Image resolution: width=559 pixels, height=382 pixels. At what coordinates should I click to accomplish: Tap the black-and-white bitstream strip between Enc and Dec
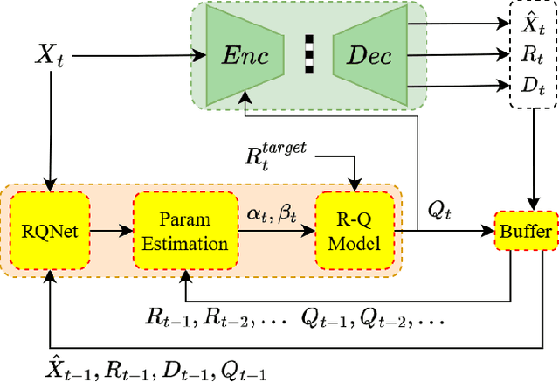(x=308, y=56)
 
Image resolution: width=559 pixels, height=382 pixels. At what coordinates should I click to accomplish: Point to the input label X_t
(x=49, y=56)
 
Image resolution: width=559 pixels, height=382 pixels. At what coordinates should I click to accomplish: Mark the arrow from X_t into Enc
(x=140, y=56)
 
